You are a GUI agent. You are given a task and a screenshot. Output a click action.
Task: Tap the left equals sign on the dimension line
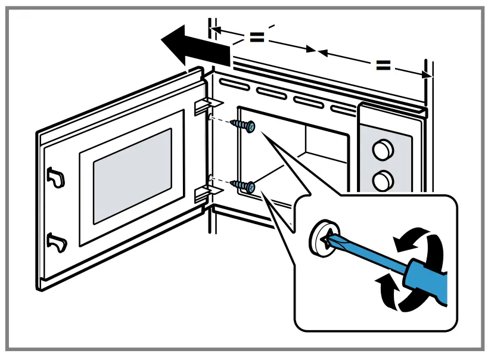tap(256, 37)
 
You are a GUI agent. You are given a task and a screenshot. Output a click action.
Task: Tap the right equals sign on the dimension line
tap(383, 65)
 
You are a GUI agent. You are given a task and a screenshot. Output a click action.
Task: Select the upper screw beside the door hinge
tap(246, 126)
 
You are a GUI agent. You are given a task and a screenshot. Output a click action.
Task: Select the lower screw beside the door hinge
tap(245, 185)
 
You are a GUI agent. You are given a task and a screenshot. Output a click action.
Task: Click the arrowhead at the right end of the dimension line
tap(425, 75)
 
